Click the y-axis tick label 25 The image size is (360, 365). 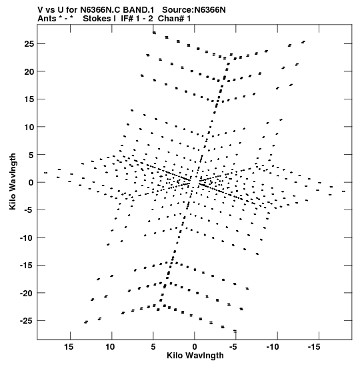29,44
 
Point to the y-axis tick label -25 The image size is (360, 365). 27,321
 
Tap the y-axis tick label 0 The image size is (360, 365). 31,182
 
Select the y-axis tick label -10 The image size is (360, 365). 27,238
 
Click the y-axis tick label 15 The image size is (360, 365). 29,99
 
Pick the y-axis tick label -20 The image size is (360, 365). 27,293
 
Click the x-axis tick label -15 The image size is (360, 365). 314,347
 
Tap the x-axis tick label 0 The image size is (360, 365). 195,347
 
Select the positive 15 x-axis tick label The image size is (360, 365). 69,347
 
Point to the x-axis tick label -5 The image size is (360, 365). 233,347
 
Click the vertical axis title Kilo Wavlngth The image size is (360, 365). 13,181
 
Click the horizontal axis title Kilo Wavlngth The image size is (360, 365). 195,356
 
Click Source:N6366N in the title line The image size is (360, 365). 194,10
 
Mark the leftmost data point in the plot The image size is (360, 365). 45,173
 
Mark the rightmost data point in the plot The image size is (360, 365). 343,192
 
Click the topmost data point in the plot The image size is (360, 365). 154,33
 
